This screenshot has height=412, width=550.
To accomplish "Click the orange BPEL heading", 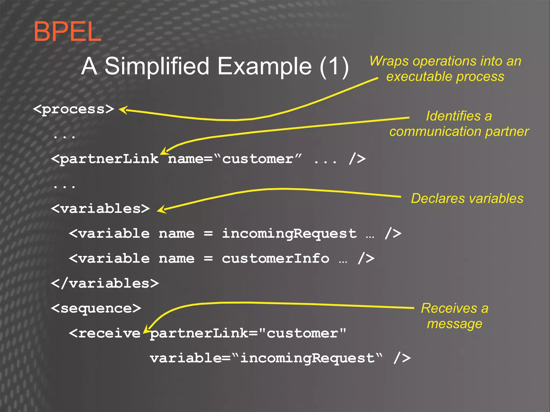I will click(x=67, y=32).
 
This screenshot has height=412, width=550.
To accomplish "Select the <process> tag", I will click(x=74, y=109).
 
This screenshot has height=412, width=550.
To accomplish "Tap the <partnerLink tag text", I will click(x=105, y=159).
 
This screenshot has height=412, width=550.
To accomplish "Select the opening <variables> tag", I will click(x=100, y=209).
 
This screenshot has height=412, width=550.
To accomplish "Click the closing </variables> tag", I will click(x=105, y=284).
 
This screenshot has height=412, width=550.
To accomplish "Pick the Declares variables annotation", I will click(x=467, y=198).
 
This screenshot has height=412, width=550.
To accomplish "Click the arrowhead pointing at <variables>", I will click(x=161, y=209).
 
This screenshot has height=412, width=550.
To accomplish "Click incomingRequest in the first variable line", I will click(x=289, y=234).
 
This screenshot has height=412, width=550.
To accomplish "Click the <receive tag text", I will click(x=105, y=333).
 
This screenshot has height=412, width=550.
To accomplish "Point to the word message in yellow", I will click(x=454, y=324).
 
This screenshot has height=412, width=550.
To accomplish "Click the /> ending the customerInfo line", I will click(x=366, y=258).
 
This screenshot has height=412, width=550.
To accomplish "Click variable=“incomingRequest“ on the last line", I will click(x=266, y=358).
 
